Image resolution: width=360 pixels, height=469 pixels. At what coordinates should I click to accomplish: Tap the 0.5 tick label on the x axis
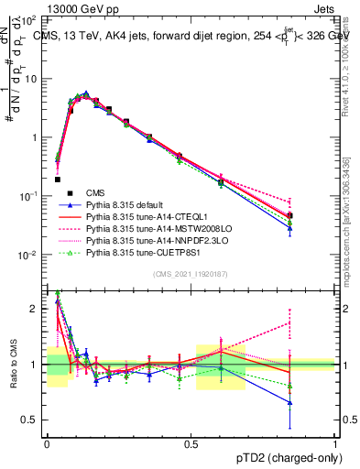pyautogui.click(x=191, y=442)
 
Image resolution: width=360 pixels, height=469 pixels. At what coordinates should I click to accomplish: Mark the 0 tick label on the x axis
pyautogui.click(x=48, y=442)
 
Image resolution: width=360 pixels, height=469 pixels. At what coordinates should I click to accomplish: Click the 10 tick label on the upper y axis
pyautogui.click(x=31, y=79)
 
